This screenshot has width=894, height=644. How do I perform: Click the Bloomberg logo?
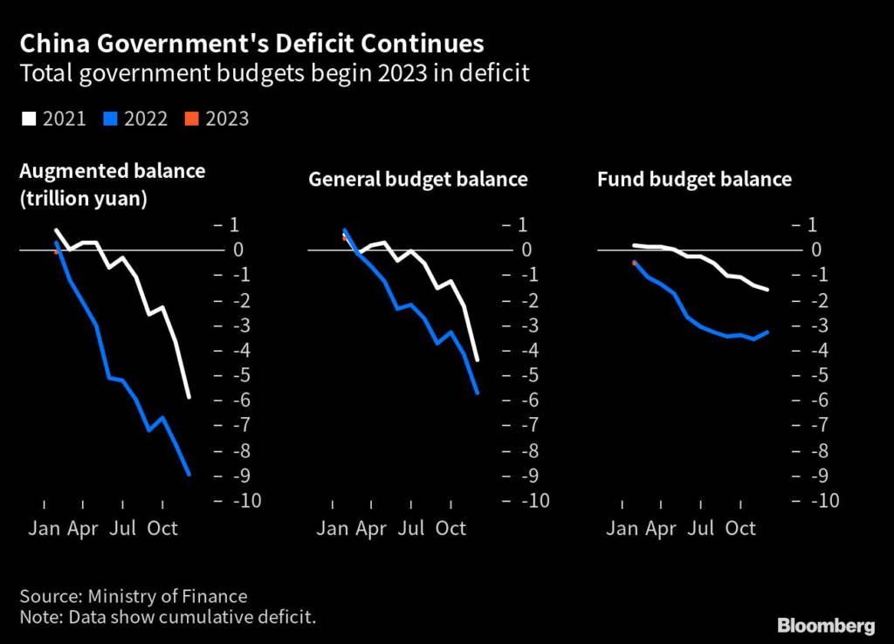[826, 626]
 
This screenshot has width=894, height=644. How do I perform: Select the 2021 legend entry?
[53, 119]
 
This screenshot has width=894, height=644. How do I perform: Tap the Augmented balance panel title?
[113, 171]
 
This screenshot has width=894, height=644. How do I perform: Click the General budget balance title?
[418, 180]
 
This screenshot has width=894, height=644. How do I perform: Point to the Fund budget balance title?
[694, 180]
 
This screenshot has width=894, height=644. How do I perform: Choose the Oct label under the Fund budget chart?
[740, 529]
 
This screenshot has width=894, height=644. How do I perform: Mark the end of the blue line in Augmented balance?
[189, 475]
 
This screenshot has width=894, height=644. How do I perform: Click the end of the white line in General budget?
[478, 360]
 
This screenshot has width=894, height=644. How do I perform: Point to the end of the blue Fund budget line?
[767, 332]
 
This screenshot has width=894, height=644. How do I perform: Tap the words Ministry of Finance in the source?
[168, 597]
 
